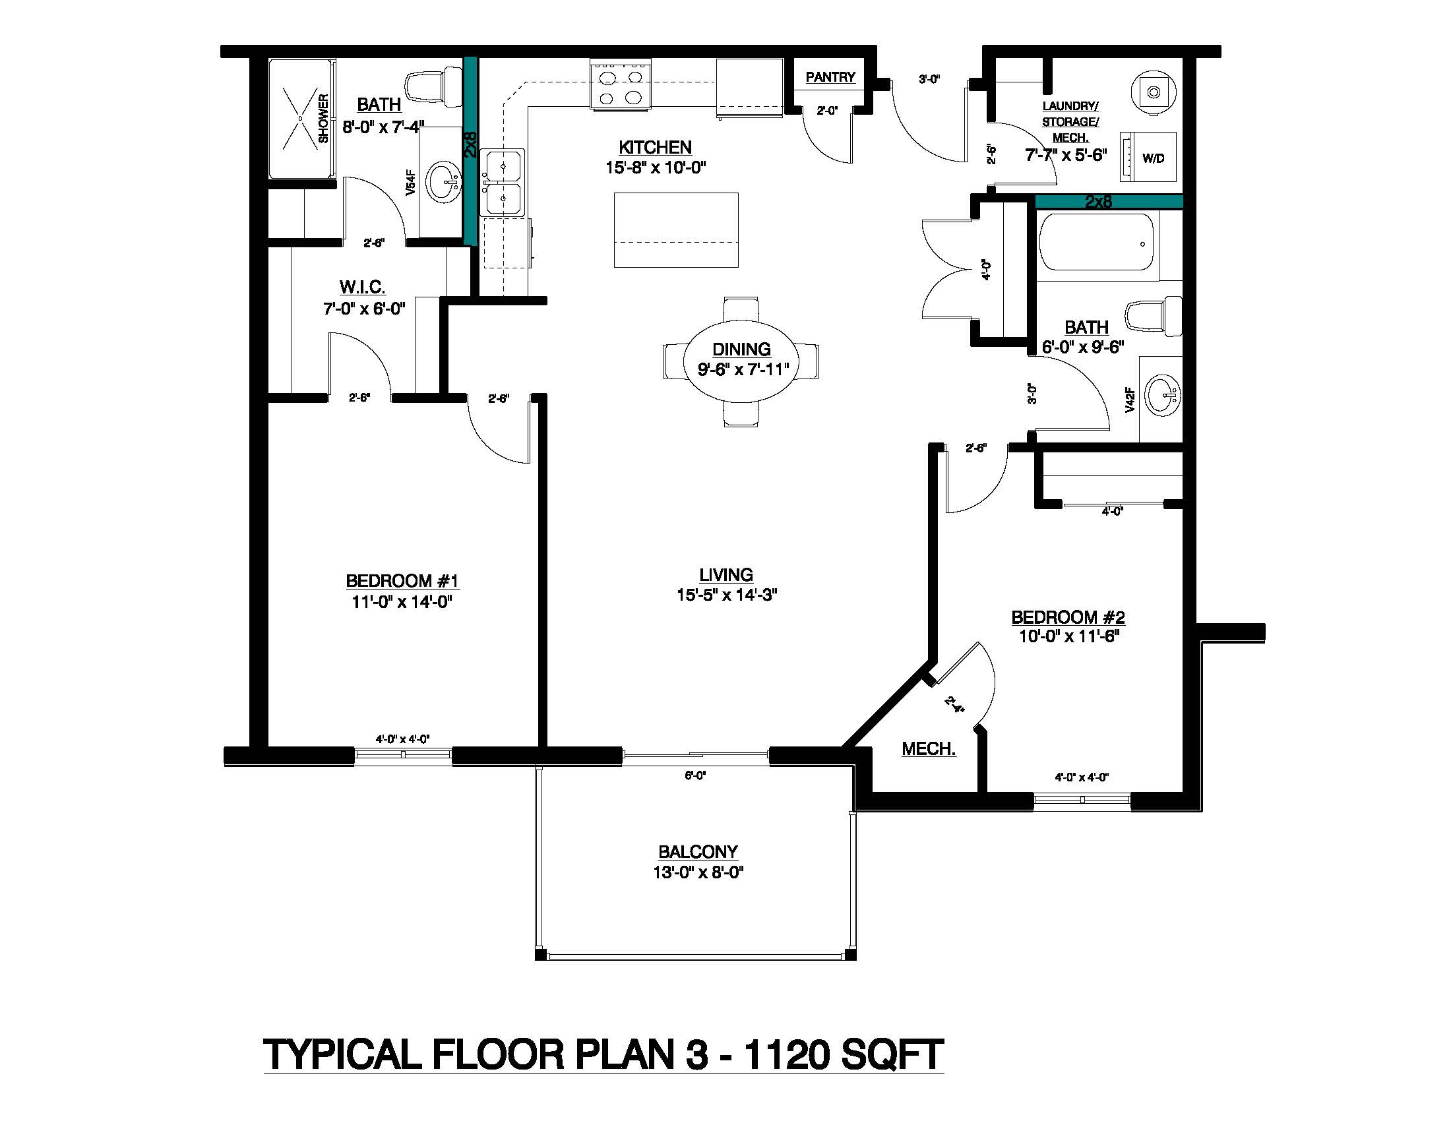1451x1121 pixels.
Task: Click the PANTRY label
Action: click(830, 77)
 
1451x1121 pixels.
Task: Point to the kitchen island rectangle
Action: click(675, 229)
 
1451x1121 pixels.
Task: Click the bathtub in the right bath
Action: click(1097, 243)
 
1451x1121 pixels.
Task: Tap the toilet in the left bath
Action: click(435, 86)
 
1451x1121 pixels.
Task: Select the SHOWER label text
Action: click(324, 118)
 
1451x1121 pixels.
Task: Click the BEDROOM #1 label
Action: click(402, 581)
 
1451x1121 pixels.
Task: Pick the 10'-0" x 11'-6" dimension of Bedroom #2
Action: click(1069, 636)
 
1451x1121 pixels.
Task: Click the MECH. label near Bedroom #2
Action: click(928, 749)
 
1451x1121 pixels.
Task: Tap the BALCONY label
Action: click(698, 851)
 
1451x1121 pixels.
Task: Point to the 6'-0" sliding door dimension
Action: click(695, 775)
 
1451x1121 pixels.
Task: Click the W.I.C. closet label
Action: click(362, 288)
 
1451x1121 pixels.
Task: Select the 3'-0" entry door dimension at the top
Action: click(929, 80)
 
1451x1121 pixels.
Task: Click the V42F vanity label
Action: click(1129, 400)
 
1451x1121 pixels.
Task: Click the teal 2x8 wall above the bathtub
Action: click(1108, 201)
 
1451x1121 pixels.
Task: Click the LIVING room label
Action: click(725, 574)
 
